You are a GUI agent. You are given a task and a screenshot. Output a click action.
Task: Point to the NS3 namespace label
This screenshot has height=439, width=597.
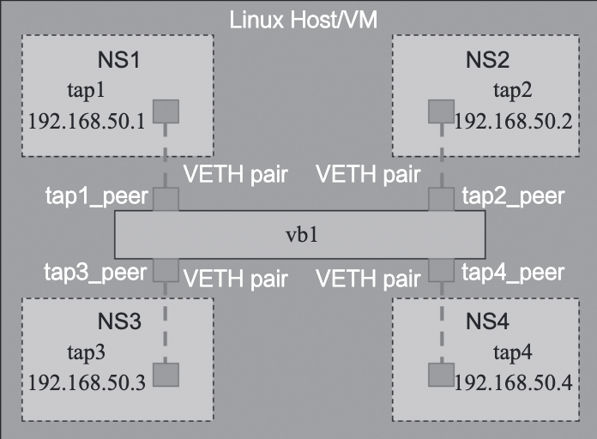pos(118,323)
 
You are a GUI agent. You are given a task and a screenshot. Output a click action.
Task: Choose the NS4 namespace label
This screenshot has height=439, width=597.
pos(488,323)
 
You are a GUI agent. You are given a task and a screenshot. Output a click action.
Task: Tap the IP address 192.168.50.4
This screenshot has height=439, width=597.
pos(513,382)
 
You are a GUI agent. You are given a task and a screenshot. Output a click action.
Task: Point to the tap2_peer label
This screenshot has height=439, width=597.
pos(513,196)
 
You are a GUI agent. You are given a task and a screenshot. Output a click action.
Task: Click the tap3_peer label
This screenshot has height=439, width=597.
pos(98,274)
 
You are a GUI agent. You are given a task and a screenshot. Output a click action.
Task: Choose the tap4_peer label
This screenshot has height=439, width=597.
pos(513,274)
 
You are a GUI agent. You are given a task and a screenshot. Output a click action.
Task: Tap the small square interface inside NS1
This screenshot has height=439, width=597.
pos(166,111)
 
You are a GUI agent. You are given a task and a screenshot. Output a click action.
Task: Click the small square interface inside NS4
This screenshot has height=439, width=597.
pos(440,375)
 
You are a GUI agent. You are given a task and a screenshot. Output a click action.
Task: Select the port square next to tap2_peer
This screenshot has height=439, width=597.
pos(440,200)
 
